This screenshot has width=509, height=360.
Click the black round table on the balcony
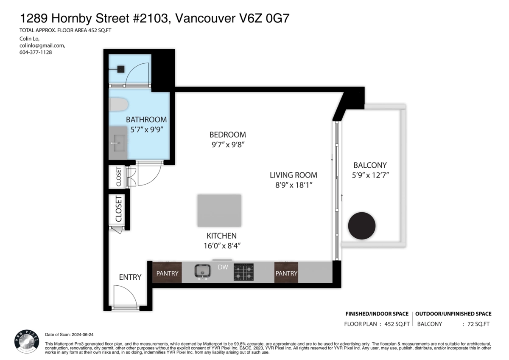click(362, 226)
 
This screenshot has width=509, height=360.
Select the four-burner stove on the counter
click(243, 273)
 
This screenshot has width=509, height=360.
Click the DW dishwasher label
click(223, 267)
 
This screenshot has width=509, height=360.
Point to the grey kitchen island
click(219, 211)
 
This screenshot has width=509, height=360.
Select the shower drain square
click(120, 68)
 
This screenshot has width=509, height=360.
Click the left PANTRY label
click(168, 273)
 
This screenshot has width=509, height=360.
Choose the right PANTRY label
click(286, 273)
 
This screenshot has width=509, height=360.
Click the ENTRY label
click(130, 277)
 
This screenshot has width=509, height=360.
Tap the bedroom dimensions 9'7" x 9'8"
click(227, 144)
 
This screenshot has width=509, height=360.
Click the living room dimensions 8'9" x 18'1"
click(294, 185)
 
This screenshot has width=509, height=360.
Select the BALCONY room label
click(370, 165)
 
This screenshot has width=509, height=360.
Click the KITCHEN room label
click(221, 236)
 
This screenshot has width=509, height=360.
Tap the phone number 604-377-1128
click(36, 52)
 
